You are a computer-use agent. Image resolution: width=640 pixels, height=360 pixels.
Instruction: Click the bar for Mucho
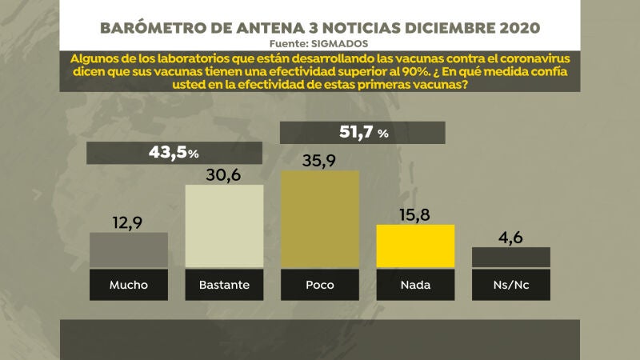129,250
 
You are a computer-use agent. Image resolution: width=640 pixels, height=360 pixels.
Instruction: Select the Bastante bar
224,226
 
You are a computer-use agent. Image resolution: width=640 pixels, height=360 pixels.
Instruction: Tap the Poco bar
319,218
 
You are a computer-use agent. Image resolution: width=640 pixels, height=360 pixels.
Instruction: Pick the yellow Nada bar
415,246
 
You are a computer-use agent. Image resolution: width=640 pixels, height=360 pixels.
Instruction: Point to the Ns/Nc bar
510,257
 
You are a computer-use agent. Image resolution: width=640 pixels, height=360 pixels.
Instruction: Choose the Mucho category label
129,284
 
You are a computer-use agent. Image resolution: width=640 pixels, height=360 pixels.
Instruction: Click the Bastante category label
224,284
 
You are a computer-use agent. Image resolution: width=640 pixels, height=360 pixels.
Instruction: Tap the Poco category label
319,284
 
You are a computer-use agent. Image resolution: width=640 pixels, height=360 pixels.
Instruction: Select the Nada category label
415,284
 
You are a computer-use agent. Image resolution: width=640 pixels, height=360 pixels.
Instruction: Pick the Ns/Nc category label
510,284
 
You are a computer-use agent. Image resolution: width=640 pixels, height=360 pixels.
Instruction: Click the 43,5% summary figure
174,151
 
